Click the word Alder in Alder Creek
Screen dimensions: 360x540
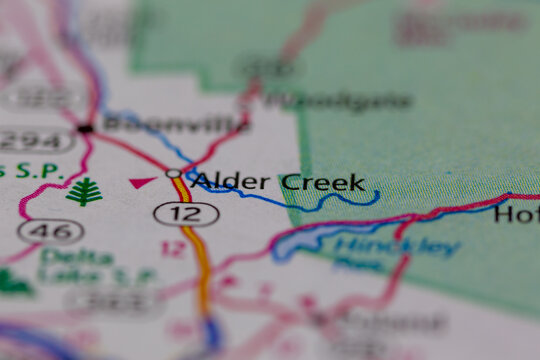(x=231, y=182)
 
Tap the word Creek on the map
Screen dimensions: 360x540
(x=322, y=182)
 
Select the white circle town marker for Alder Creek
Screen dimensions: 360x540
(x=173, y=174)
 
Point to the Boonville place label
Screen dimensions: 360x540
(x=176, y=124)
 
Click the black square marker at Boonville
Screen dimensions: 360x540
(x=86, y=129)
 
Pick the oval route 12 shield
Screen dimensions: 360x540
(x=172, y=212)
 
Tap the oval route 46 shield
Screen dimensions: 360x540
(x=50, y=231)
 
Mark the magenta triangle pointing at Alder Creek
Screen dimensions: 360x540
(x=142, y=182)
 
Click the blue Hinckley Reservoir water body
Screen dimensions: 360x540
(x=300, y=241)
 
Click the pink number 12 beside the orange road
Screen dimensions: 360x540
(x=173, y=248)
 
